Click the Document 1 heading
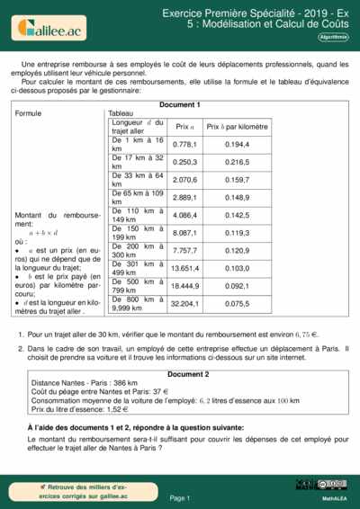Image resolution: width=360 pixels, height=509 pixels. pos(180,105)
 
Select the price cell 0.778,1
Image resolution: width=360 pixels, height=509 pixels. pos(184,145)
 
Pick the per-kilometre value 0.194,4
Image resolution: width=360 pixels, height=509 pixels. pos(237,145)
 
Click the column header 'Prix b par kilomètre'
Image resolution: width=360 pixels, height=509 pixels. pos(238,128)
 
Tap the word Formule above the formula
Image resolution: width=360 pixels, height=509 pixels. pos(29,114)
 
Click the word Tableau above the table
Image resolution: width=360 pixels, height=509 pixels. pos(121,114)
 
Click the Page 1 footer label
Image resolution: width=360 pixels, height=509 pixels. pos(180,497)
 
